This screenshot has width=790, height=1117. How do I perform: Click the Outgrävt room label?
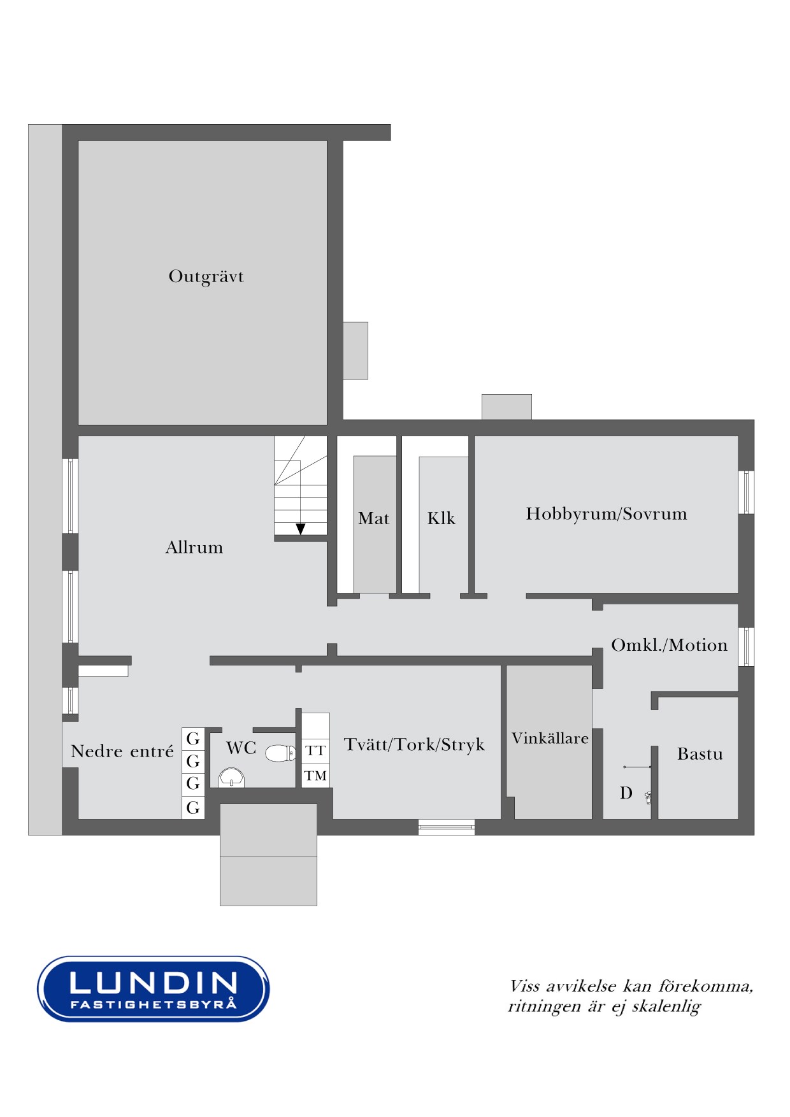point(206,276)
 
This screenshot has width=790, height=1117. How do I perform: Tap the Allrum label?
point(194,548)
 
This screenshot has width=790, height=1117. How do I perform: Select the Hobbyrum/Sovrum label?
point(607,514)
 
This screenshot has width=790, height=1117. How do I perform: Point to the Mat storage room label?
point(373,518)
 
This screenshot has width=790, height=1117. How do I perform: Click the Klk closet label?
point(442,518)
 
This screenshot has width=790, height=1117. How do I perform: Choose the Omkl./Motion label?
point(669,645)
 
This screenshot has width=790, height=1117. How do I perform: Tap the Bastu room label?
point(700,754)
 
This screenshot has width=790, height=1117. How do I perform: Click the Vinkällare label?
point(550,739)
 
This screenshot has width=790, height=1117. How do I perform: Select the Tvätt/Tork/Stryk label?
point(414,745)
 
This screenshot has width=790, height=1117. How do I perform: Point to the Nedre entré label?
point(122,751)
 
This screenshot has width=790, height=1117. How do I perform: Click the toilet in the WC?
point(280,754)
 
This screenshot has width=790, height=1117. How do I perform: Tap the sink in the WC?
point(231,778)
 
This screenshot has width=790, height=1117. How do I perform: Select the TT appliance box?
point(315,751)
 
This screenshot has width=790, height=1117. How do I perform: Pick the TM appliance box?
point(315,776)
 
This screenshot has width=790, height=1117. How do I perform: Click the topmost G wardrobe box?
point(193,739)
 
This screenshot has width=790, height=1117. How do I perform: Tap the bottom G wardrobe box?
point(193,808)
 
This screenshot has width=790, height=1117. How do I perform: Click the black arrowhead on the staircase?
point(301,529)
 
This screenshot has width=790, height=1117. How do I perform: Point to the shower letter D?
point(626,793)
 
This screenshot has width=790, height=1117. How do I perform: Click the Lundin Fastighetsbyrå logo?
point(153,989)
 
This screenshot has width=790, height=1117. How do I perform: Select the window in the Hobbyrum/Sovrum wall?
point(747,492)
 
